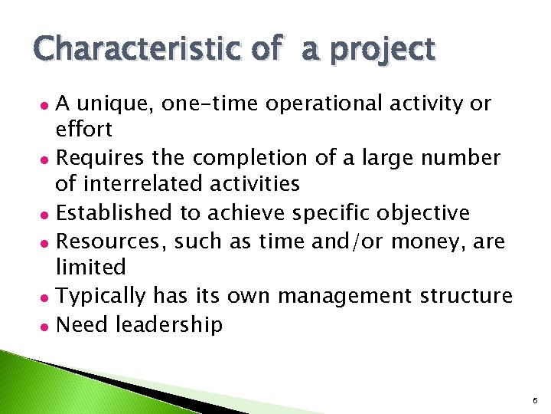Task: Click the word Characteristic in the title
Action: click(140, 49)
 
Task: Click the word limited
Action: click(90, 268)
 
